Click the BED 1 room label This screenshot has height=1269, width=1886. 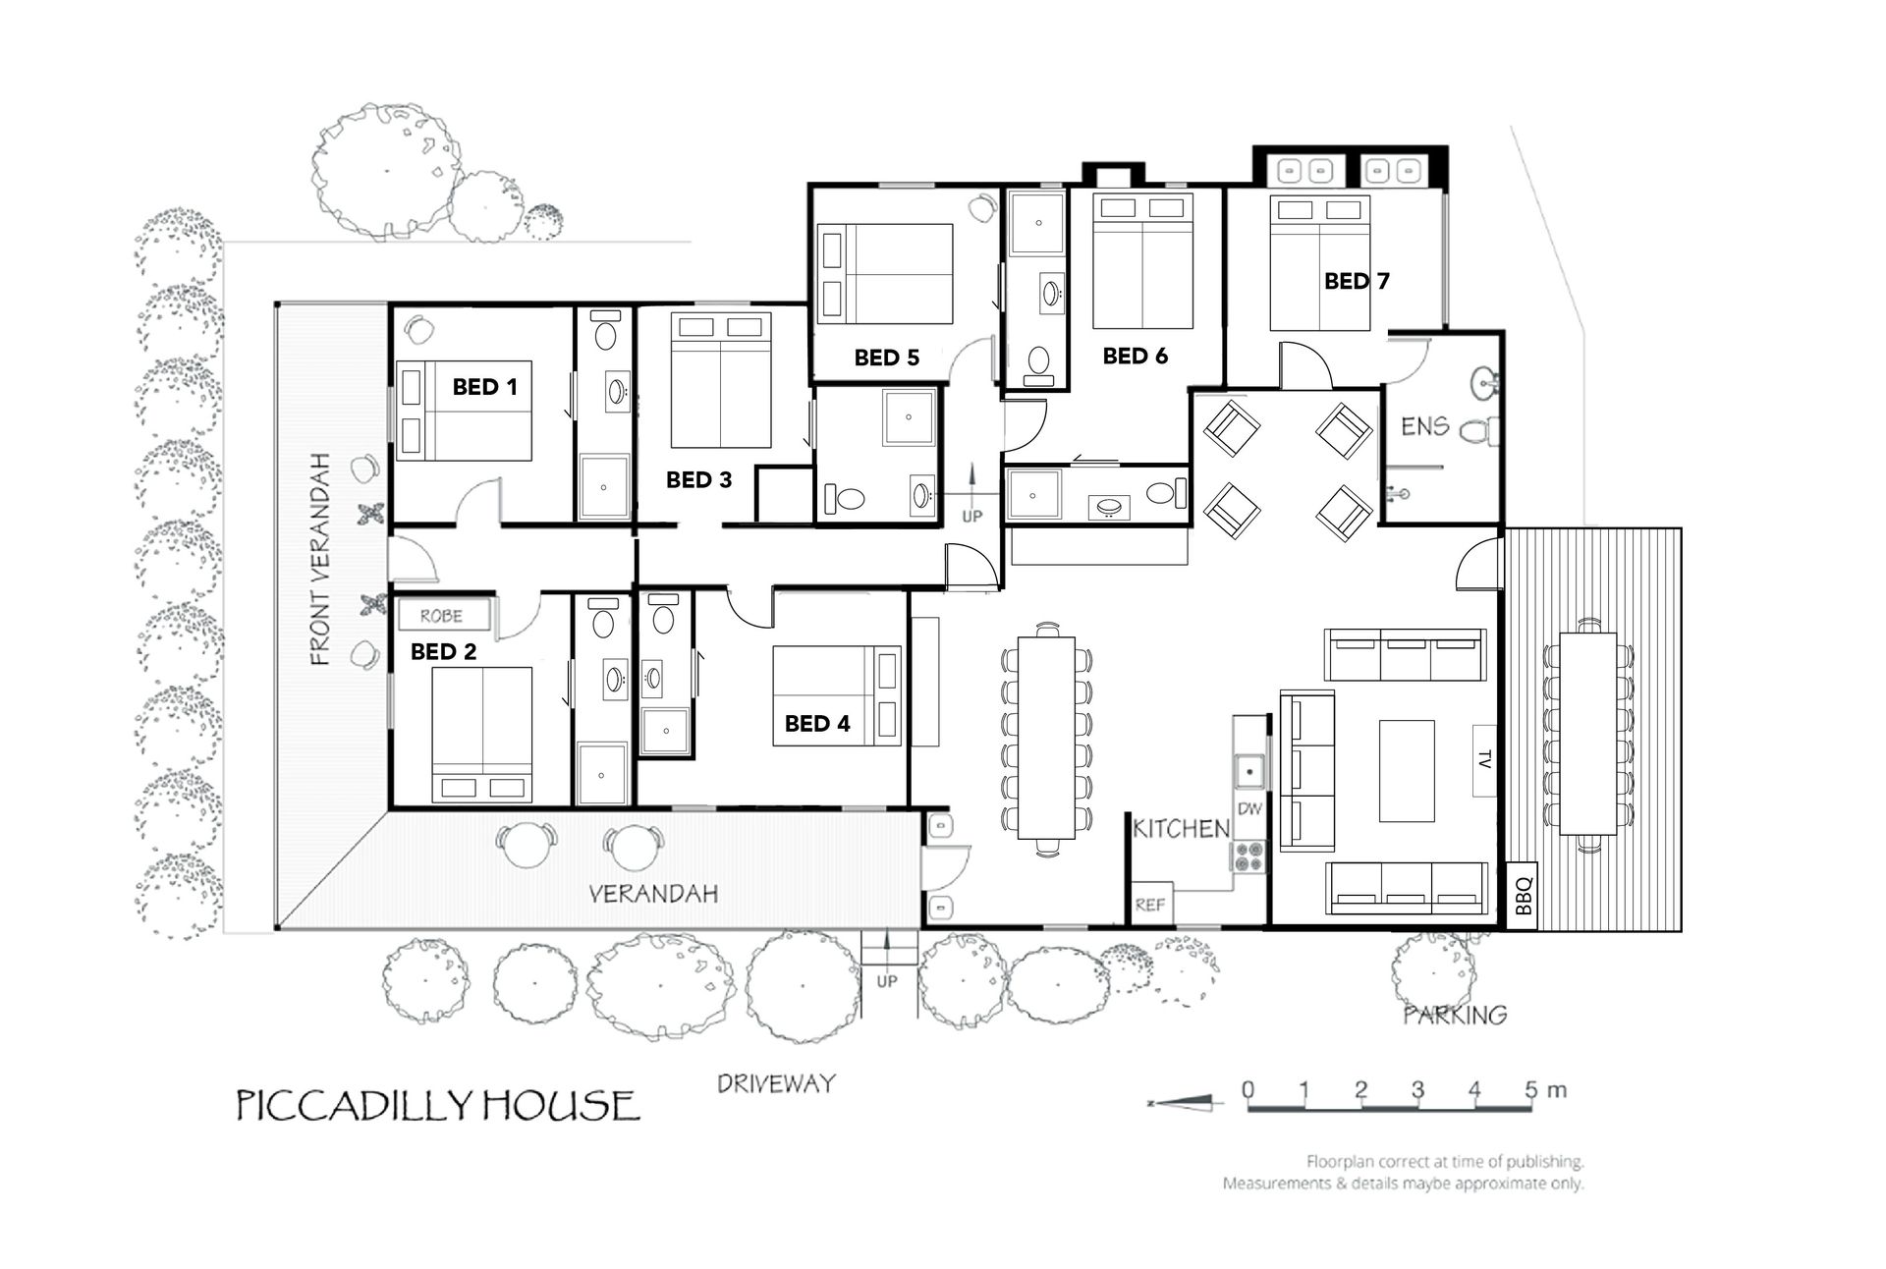pyautogui.click(x=484, y=387)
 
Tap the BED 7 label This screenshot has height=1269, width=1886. pyautogui.click(x=1357, y=281)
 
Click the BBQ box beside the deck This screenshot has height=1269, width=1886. pyautogui.click(x=1522, y=895)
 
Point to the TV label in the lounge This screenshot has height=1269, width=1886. pyautogui.click(x=1484, y=759)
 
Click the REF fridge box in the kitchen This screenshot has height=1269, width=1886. pyautogui.click(x=1149, y=905)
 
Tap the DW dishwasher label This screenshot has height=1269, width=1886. pyautogui.click(x=1248, y=809)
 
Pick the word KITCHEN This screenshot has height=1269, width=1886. pyautogui.click(x=1181, y=829)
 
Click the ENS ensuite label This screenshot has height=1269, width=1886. pyautogui.click(x=1424, y=426)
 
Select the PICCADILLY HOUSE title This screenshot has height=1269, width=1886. pyautogui.click(x=437, y=1105)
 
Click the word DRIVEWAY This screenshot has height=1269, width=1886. pyautogui.click(x=776, y=1083)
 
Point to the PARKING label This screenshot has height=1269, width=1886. pyautogui.click(x=1455, y=1015)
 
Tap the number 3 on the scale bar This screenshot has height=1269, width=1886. pyautogui.click(x=1417, y=1089)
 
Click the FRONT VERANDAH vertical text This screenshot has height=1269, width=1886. pyautogui.click(x=319, y=559)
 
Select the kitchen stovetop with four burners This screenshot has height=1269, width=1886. pyautogui.click(x=1248, y=856)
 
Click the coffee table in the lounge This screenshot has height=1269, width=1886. pyautogui.click(x=1407, y=770)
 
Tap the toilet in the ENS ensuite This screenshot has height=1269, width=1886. pyautogui.click(x=1480, y=429)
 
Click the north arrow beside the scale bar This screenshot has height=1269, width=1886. pyautogui.click(x=1186, y=1104)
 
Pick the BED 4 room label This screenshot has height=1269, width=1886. pyautogui.click(x=817, y=724)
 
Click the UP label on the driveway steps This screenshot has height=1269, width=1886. pyautogui.click(x=886, y=981)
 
